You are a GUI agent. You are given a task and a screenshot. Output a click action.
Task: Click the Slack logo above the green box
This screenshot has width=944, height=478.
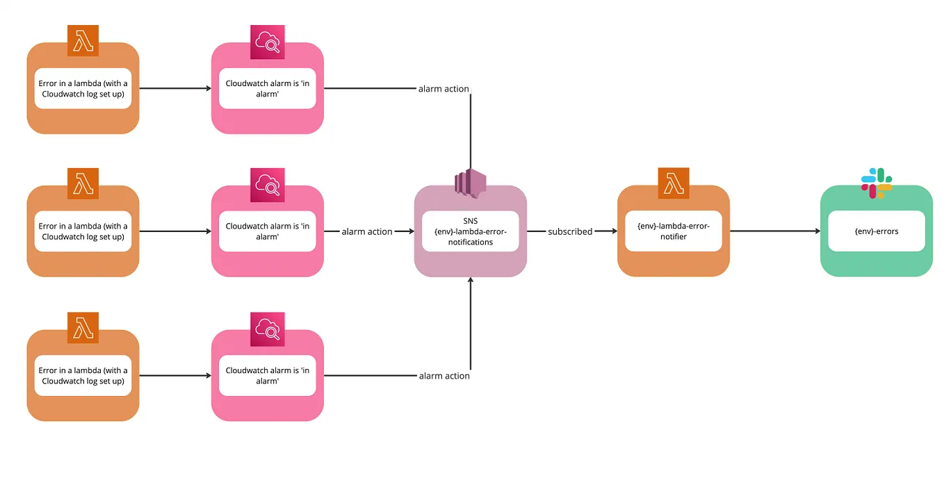point(877,183)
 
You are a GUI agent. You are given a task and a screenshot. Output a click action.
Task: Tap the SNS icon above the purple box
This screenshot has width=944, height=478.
point(471,182)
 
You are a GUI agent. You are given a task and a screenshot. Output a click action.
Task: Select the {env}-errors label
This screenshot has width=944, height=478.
point(876,231)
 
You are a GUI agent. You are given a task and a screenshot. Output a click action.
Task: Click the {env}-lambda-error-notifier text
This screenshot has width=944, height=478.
point(673,231)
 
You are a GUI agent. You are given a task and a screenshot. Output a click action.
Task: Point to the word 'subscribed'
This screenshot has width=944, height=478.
point(570,231)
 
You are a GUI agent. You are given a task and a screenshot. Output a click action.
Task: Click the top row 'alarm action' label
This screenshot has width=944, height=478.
point(443,89)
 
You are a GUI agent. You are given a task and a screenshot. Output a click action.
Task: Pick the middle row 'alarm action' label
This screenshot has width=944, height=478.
point(367,231)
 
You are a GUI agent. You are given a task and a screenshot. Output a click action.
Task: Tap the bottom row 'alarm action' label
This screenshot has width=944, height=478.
point(444,376)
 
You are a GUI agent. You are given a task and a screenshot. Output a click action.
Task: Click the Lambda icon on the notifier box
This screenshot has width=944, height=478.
point(673,183)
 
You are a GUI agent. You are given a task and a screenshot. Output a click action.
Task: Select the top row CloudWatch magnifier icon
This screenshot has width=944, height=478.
point(268,42)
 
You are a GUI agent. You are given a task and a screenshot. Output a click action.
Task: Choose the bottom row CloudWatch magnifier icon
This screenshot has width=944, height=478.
point(268,329)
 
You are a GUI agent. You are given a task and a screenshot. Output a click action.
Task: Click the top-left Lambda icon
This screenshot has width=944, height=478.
point(83,40)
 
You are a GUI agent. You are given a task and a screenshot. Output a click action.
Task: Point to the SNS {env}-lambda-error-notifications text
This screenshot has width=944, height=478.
point(470,231)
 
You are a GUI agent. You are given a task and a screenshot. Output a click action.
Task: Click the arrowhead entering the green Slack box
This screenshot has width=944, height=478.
point(817,231)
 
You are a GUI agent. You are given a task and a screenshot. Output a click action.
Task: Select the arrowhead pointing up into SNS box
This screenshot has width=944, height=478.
point(471,281)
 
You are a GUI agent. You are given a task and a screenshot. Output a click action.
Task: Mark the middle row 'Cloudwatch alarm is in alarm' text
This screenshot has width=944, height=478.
point(268,231)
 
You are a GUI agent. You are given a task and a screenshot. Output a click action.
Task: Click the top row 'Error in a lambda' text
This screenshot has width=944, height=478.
point(83,89)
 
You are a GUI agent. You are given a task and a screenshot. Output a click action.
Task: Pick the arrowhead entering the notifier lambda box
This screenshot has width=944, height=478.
point(613,231)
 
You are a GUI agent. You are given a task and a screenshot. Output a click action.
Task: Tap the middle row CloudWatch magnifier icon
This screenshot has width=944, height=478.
point(268,184)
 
